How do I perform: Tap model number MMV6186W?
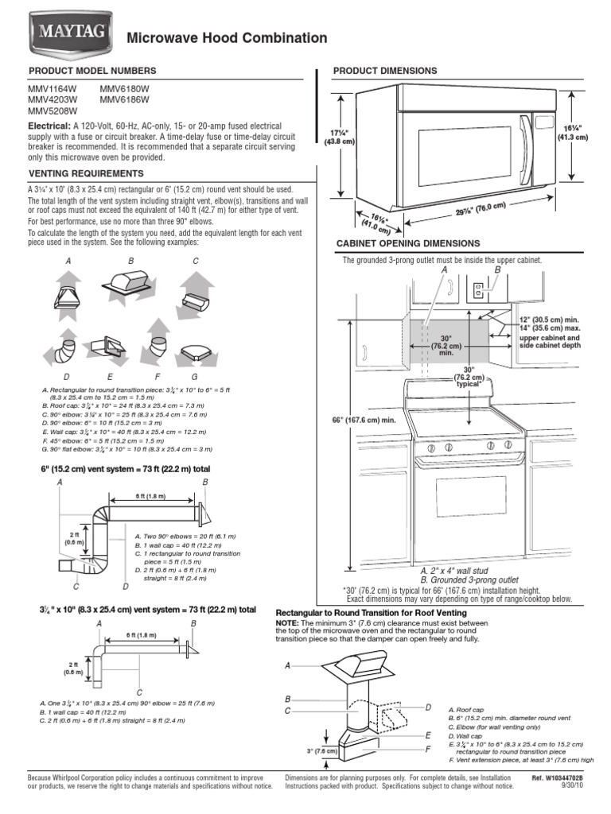tap(124, 101)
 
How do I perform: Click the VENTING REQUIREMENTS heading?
tap(86, 173)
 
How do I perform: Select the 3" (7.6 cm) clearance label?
tap(320, 750)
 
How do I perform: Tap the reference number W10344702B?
tap(566, 777)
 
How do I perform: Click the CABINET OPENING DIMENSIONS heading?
tap(407, 243)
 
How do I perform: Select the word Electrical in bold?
tap(49, 126)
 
